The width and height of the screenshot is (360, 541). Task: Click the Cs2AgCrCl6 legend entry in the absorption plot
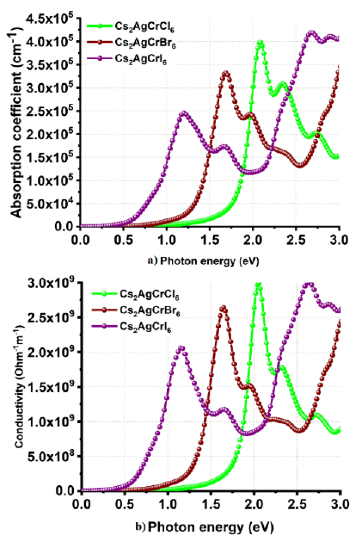pyautogui.click(x=145, y=27)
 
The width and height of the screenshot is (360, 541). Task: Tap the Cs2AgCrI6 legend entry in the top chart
pyautogui.click(x=141, y=59)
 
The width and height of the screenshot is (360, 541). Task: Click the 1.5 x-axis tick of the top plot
pyautogui.click(x=209, y=240)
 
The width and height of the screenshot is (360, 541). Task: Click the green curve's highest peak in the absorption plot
pyautogui.click(x=260, y=42)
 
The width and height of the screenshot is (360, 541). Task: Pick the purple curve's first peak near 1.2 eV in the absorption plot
pyautogui.click(x=183, y=113)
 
